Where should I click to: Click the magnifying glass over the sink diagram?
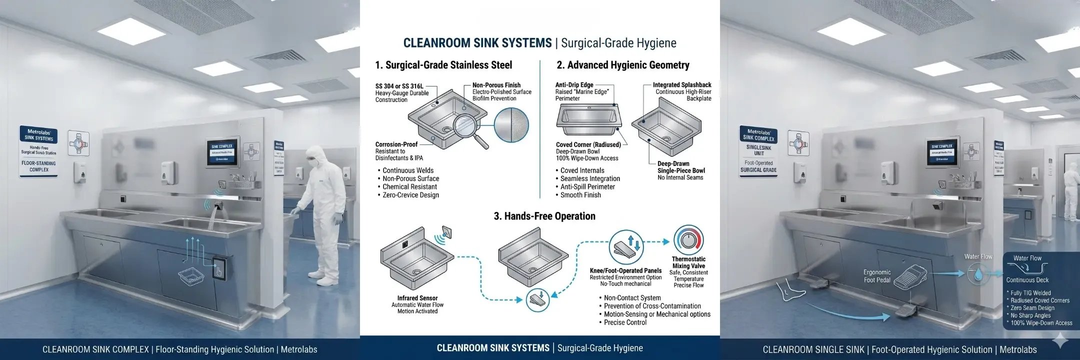click(469, 125)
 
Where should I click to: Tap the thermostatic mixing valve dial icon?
click(688, 240)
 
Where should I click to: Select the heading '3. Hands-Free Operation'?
click(544, 216)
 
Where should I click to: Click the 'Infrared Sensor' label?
click(417, 298)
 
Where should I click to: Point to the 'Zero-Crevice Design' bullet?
click(410, 195)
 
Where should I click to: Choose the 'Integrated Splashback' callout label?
click(681, 85)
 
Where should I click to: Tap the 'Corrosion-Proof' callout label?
click(396, 144)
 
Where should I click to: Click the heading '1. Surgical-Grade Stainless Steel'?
click(443, 65)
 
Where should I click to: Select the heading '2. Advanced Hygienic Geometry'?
click(623, 65)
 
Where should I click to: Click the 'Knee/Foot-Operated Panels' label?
click(625, 270)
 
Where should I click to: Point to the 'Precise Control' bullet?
click(625, 322)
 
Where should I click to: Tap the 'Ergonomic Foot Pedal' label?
click(877, 276)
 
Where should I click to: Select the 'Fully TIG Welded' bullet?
click(1030, 293)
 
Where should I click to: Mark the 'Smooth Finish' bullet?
click(580, 195)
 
